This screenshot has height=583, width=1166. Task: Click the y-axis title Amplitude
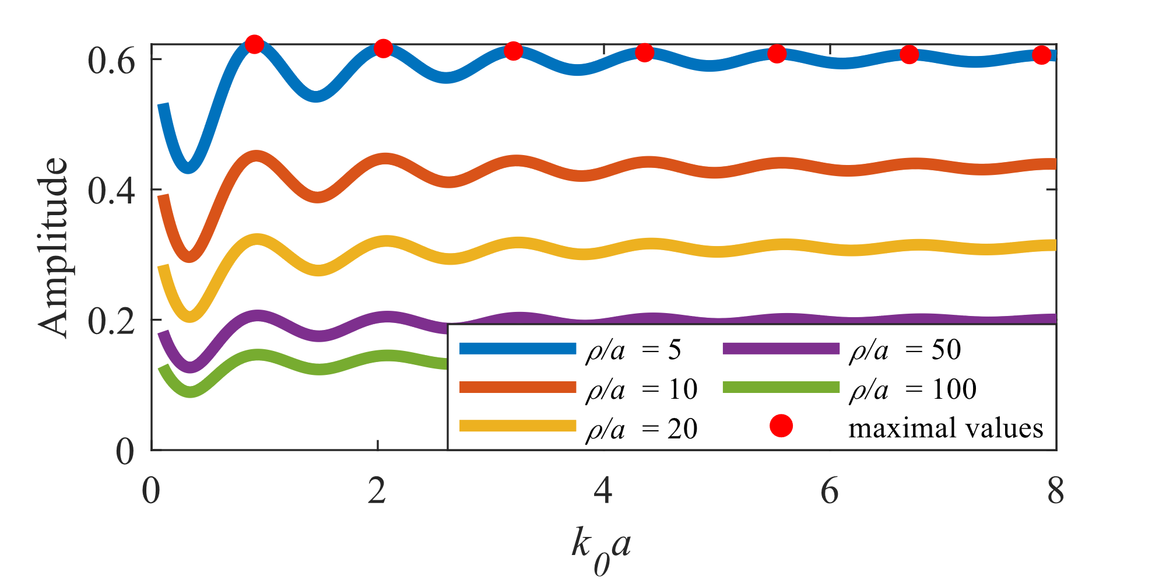[54, 248]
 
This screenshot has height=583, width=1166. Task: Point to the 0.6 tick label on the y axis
[111, 61]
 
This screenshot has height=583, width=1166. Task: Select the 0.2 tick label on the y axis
[111, 321]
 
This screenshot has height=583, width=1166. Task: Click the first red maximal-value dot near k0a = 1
[254, 44]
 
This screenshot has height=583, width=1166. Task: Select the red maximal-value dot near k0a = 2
[383, 48]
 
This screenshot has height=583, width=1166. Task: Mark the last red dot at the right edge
[1041, 55]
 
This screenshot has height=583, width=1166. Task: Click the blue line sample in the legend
[518, 349]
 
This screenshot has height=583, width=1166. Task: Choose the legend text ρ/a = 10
[641, 389]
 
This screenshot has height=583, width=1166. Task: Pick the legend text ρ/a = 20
[641, 429]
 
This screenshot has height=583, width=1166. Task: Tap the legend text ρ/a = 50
[905, 350]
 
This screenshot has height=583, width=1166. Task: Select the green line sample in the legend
[781, 388]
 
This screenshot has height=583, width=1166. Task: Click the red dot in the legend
[781, 426]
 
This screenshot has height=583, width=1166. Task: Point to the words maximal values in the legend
[946, 428]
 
